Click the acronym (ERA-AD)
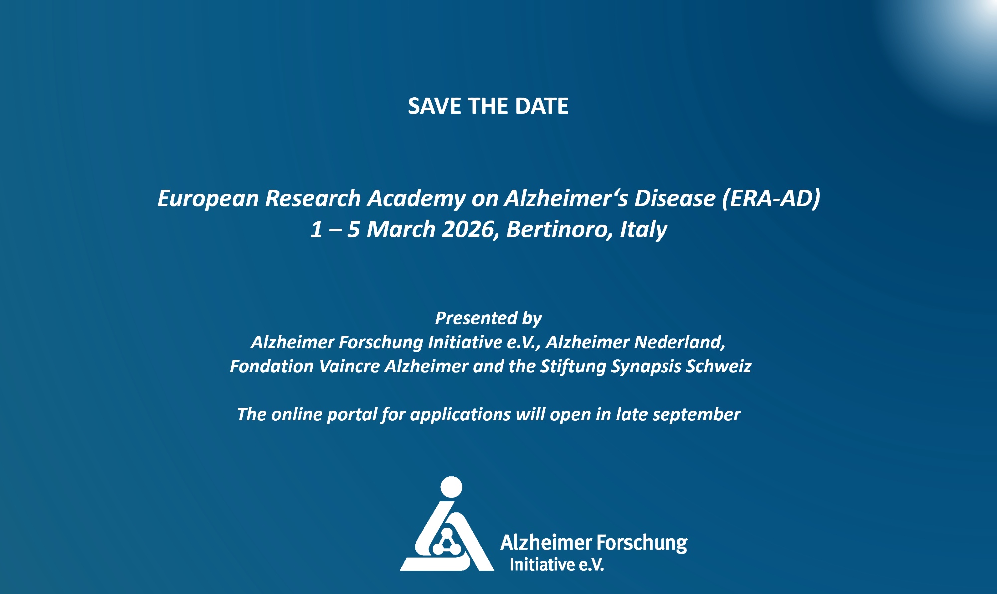click(771, 198)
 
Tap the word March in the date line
click(401, 229)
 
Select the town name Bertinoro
click(560, 230)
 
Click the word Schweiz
click(719, 366)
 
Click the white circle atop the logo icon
click(452, 487)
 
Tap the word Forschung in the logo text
click(642, 543)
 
